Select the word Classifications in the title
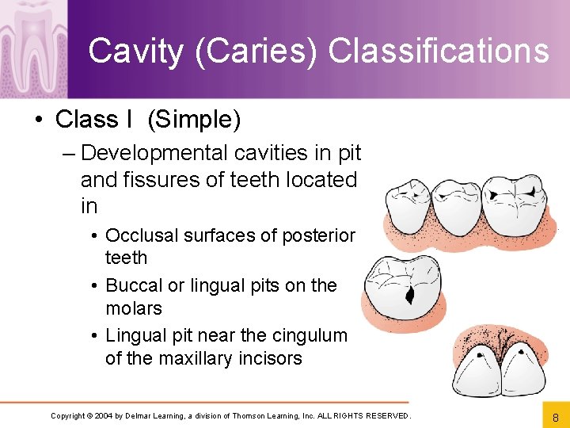[438, 51]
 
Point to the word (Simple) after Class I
[194, 120]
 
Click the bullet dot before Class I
[38, 120]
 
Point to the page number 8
[555, 416]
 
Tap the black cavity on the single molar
[410, 296]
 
